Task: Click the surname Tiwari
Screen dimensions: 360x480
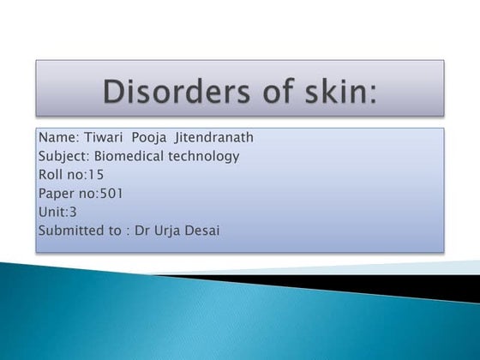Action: click(x=101, y=138)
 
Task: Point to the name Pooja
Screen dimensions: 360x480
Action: click(x=150, y=138)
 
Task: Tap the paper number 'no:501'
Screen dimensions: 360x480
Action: click(x=101, y=193)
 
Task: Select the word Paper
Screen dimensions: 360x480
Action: click(x=57, y=193)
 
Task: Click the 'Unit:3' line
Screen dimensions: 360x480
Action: click(x=57, y=212)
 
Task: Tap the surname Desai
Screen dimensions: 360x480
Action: click(x=204, y=230)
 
